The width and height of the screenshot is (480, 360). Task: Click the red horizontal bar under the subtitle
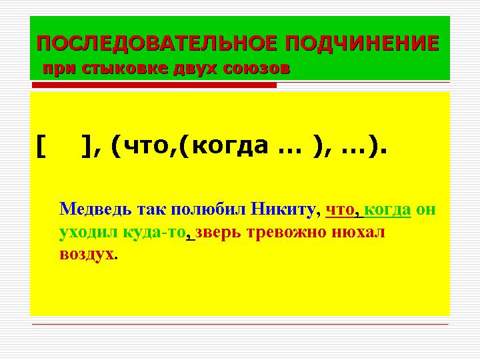[x=154, y=85]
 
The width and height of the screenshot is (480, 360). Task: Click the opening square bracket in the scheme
[x=42, y=145]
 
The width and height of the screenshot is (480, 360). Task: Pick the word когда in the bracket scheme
[x=224, y=145]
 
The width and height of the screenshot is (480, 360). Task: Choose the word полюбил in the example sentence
[x=209, y=209]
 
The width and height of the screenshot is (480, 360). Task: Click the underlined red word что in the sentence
[x=340, y=209]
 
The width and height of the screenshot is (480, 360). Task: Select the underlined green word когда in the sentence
[x=388, y=209]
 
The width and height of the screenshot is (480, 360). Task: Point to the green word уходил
[x=87, y=233]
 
